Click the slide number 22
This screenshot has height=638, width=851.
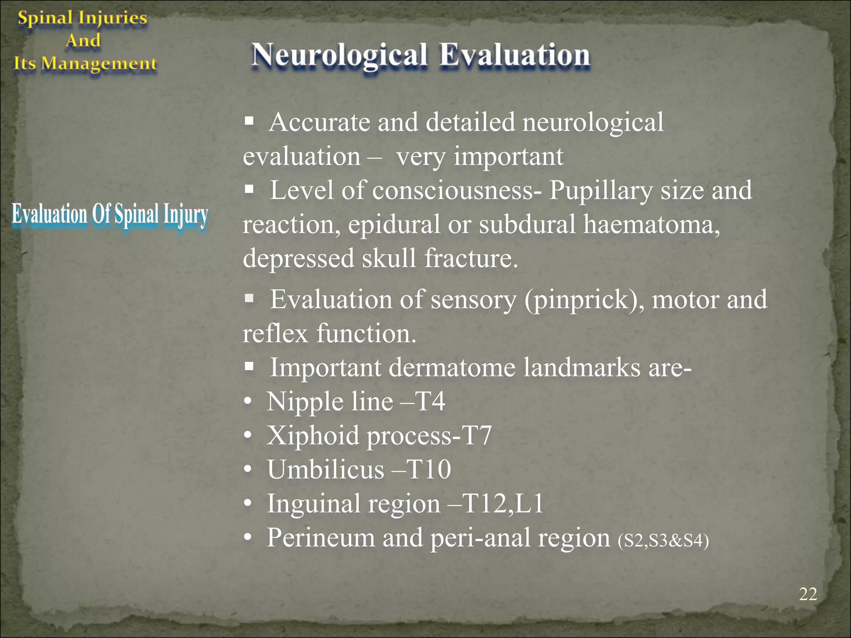[x=808, y=594]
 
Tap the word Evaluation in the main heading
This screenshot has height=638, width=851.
[x=514, y=56]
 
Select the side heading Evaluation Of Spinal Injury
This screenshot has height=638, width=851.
[x=110, y=216]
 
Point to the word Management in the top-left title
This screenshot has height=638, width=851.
[x=99, y=64]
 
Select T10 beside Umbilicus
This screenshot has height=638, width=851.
[x=428, y=470]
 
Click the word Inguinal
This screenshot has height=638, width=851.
[x=312, y=504]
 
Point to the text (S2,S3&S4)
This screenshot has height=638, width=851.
[x=663, y=540]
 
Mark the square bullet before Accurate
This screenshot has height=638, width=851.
[x=249, y=122]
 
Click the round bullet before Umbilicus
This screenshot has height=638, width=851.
[x=248, y=470]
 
